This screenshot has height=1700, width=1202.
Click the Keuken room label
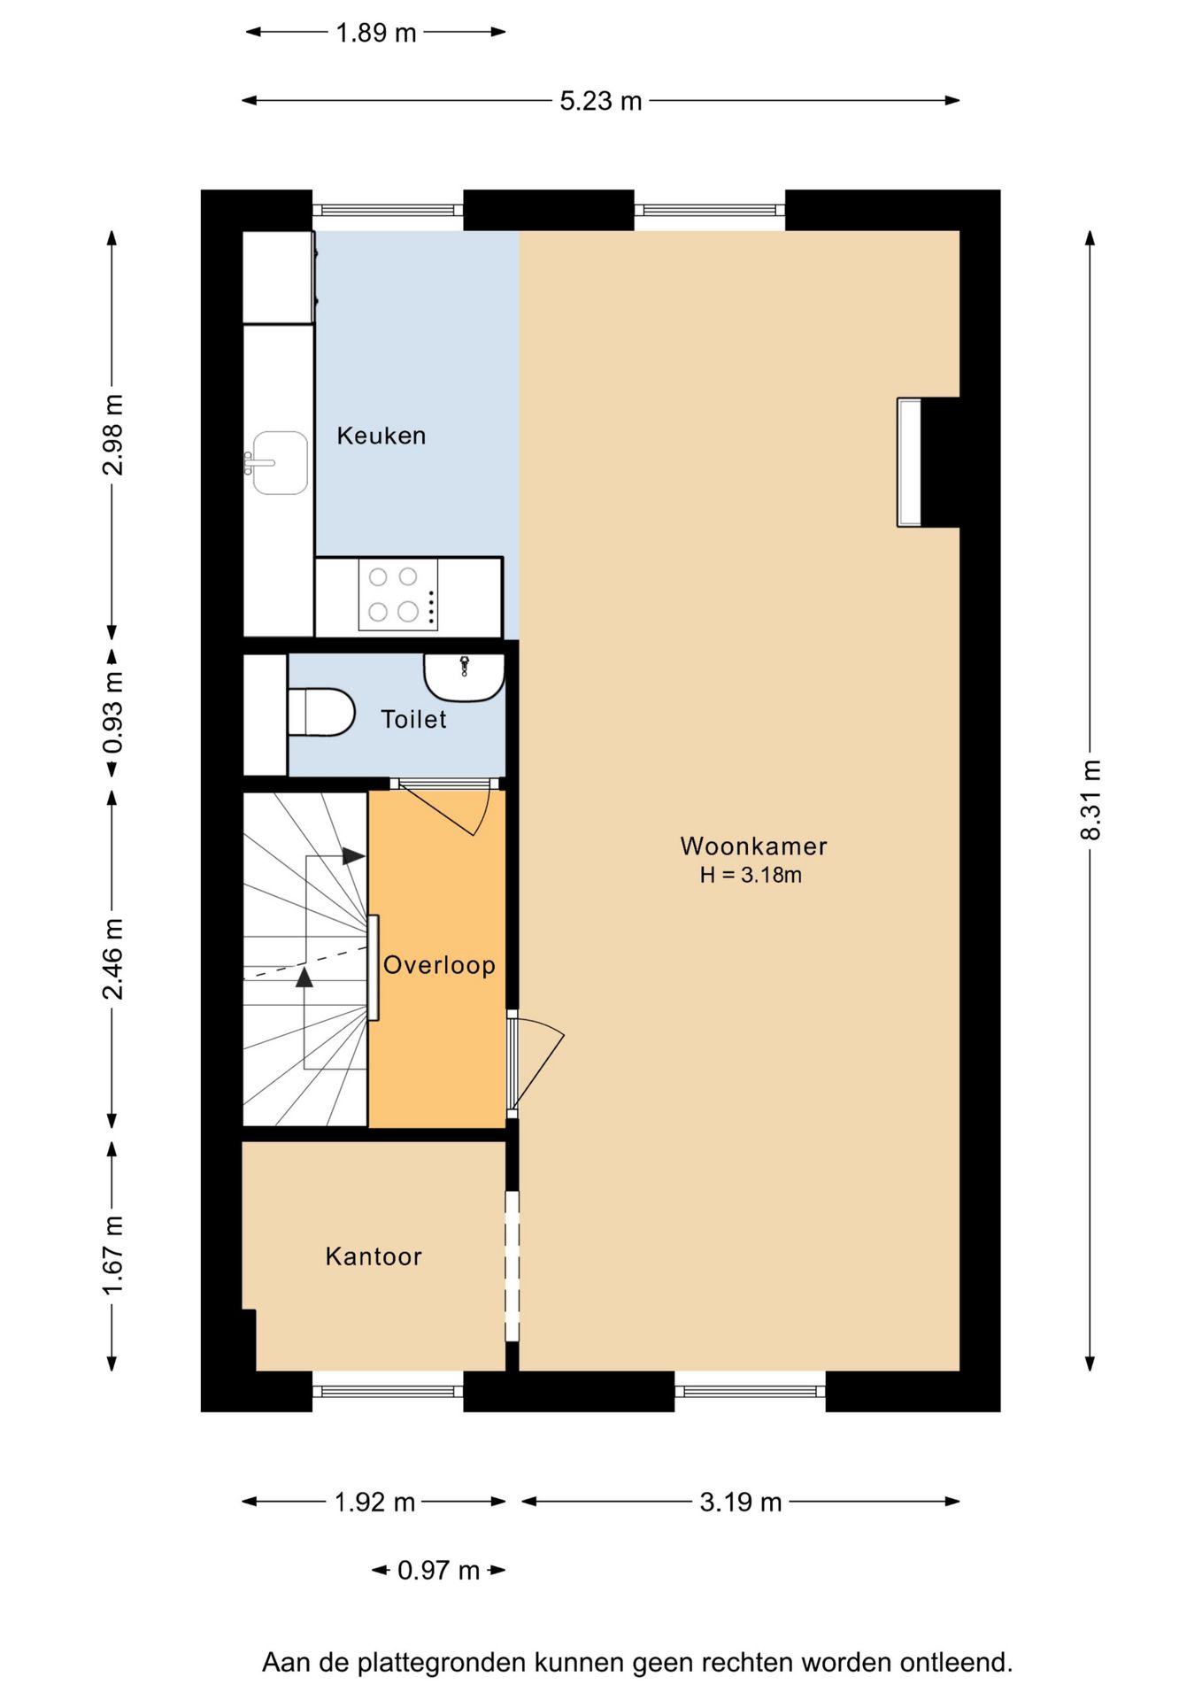click(x=381, y=436)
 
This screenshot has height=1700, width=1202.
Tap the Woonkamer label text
click(x=753, y=846)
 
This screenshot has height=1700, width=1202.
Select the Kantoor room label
click(x=374, y=1256)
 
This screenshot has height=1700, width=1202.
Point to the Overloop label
click(x=439, y=964)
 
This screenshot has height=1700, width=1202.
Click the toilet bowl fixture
click(x=320, y=713)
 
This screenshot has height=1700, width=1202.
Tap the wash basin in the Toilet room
click(x=464, y=677)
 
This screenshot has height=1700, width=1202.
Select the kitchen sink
click(x=279, y=462)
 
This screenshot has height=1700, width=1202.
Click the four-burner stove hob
click(x=398, y=594)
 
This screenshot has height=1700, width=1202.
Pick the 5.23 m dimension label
click(x=600, y=101)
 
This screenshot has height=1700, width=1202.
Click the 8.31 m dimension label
click(x=1090, y=800)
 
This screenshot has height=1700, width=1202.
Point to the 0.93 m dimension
click(x=112, y=713)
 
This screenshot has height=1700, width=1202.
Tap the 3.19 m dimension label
click(x=741, y=1502)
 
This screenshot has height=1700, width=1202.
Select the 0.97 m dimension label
click(x=438, y=1570)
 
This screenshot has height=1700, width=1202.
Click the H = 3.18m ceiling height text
click(x=751, y=875)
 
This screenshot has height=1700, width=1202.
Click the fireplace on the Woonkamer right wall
click(x=909, y=462)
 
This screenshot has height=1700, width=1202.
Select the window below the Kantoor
click(x=388, y=1391)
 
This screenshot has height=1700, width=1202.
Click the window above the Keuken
click(x=388, y=211)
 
